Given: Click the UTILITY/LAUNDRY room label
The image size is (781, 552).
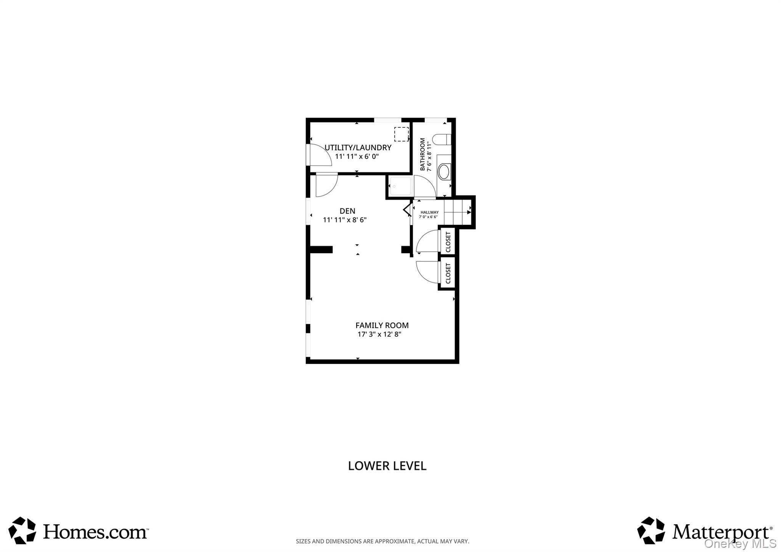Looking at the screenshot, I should click(x=358, y=148).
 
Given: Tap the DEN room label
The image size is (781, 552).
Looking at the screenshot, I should click(x=347, y=211).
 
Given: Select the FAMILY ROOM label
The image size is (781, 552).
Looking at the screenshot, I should click(x=382, y=325).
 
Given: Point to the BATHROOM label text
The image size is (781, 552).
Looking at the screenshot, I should click(x=423, y=154).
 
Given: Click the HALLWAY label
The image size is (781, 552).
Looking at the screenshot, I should click(x=429, y=212).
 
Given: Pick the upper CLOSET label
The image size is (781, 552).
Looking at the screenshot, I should click(x=448, y=242).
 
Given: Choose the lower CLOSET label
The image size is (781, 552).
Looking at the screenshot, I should click(x=448, y=273).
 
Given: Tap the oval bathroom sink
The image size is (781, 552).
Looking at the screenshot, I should click(x=444, y=172).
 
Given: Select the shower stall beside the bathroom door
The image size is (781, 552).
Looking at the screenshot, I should click(x=400, y=186).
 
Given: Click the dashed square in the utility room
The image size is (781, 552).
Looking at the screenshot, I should click(x=401, y=134).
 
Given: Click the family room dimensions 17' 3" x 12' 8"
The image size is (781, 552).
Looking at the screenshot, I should click(x=379, y=335).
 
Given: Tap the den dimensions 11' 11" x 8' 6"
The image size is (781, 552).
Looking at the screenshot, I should click(x=345, y=220).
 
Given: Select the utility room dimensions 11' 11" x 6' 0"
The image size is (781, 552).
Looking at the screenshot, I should click(x=357, y=156).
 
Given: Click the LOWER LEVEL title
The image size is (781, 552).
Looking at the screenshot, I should click(x=387, y=466).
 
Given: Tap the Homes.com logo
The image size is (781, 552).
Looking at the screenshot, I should click(x=78, y=531).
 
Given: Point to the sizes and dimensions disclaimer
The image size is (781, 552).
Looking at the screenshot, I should click(x=382, y=541).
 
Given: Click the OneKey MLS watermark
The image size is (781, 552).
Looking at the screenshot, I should click(x=740, y=544).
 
